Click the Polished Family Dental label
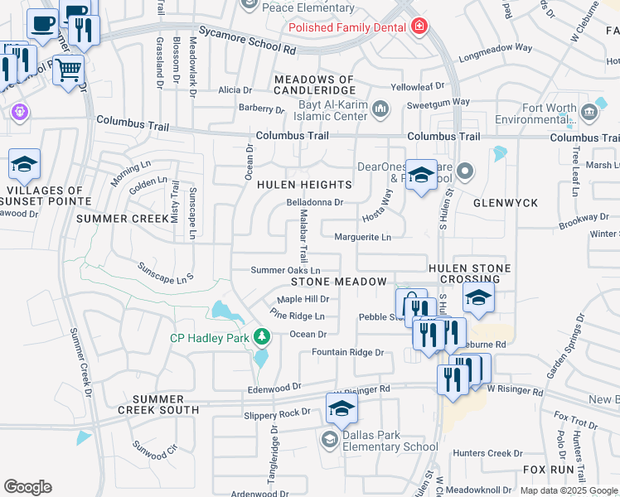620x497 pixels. coord(347,27)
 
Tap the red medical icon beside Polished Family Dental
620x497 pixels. coord(419,27)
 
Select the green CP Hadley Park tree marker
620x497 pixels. coord(262,336)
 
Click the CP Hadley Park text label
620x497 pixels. coord(209,337)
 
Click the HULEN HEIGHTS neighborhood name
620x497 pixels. coord(304,185)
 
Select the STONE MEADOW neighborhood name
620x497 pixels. coord(338,282)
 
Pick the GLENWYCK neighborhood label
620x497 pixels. coord(506,203)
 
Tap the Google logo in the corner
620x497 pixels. coord(27,487)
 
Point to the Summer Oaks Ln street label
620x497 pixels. coord(285,271)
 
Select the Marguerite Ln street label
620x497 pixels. coord(362,237)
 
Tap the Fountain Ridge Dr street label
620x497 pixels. coord(347,353)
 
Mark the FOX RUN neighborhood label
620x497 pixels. coord(549,469)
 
